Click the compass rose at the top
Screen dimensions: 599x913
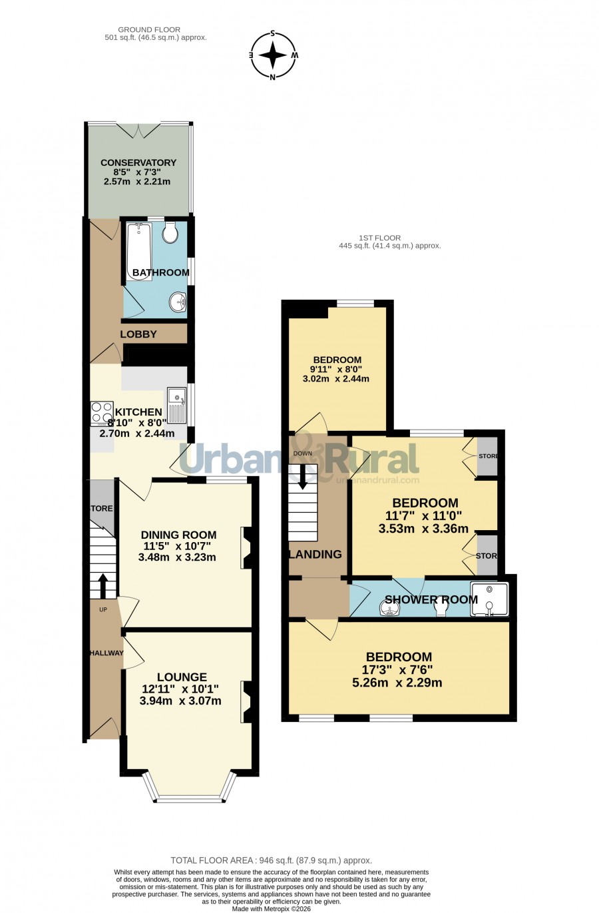coord(273,55)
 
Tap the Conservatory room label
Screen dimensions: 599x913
coord(138,162)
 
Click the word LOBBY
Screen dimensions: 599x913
coord(138,334)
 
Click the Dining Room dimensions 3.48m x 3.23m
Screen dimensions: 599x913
coord(177,557)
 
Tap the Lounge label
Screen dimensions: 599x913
coord(182,677)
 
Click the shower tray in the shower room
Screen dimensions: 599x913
coord(489,599)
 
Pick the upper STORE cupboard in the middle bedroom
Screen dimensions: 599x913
coord(487,456)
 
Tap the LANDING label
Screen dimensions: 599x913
coord(315,554)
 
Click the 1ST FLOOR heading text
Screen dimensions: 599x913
coord(380,238)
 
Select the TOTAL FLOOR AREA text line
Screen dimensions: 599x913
coord(271,860)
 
